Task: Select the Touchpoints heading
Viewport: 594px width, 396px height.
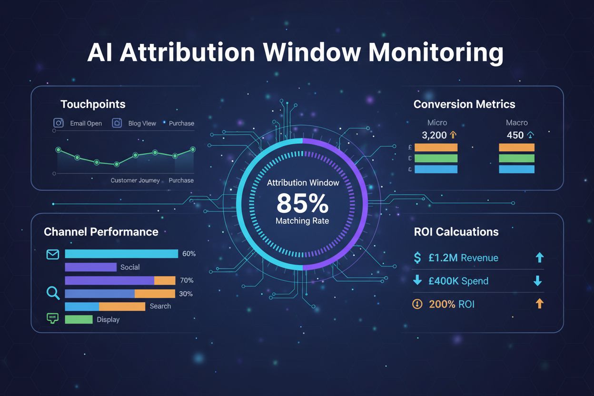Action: tap(93, 104)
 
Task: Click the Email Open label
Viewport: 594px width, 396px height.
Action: tap(86, 123)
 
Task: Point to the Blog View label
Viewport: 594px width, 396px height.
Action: tap(142, 123)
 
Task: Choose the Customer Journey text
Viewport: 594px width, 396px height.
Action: tap(135, 180)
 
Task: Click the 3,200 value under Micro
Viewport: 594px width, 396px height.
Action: tap(434, 135)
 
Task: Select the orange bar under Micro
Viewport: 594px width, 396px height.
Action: tap(436, 148)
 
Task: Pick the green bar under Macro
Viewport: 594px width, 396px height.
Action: tap(516, 158)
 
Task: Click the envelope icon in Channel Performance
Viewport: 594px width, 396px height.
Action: tap(52, 254)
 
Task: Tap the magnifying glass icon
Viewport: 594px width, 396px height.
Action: tap(52, 293)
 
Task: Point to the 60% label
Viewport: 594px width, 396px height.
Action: tap(189, 254)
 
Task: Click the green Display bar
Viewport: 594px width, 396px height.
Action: tap(79, 319)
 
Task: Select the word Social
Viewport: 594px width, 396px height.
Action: tap(130, 267)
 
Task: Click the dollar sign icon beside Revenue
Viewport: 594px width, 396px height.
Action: tap(417, 258)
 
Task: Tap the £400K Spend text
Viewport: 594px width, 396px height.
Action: tap(458, 281)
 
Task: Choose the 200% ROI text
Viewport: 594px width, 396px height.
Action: tap(452, 304)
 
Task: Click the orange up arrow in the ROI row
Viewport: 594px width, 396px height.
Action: tap(539, 304)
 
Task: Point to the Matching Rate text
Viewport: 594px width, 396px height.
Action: tap(302, 221)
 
